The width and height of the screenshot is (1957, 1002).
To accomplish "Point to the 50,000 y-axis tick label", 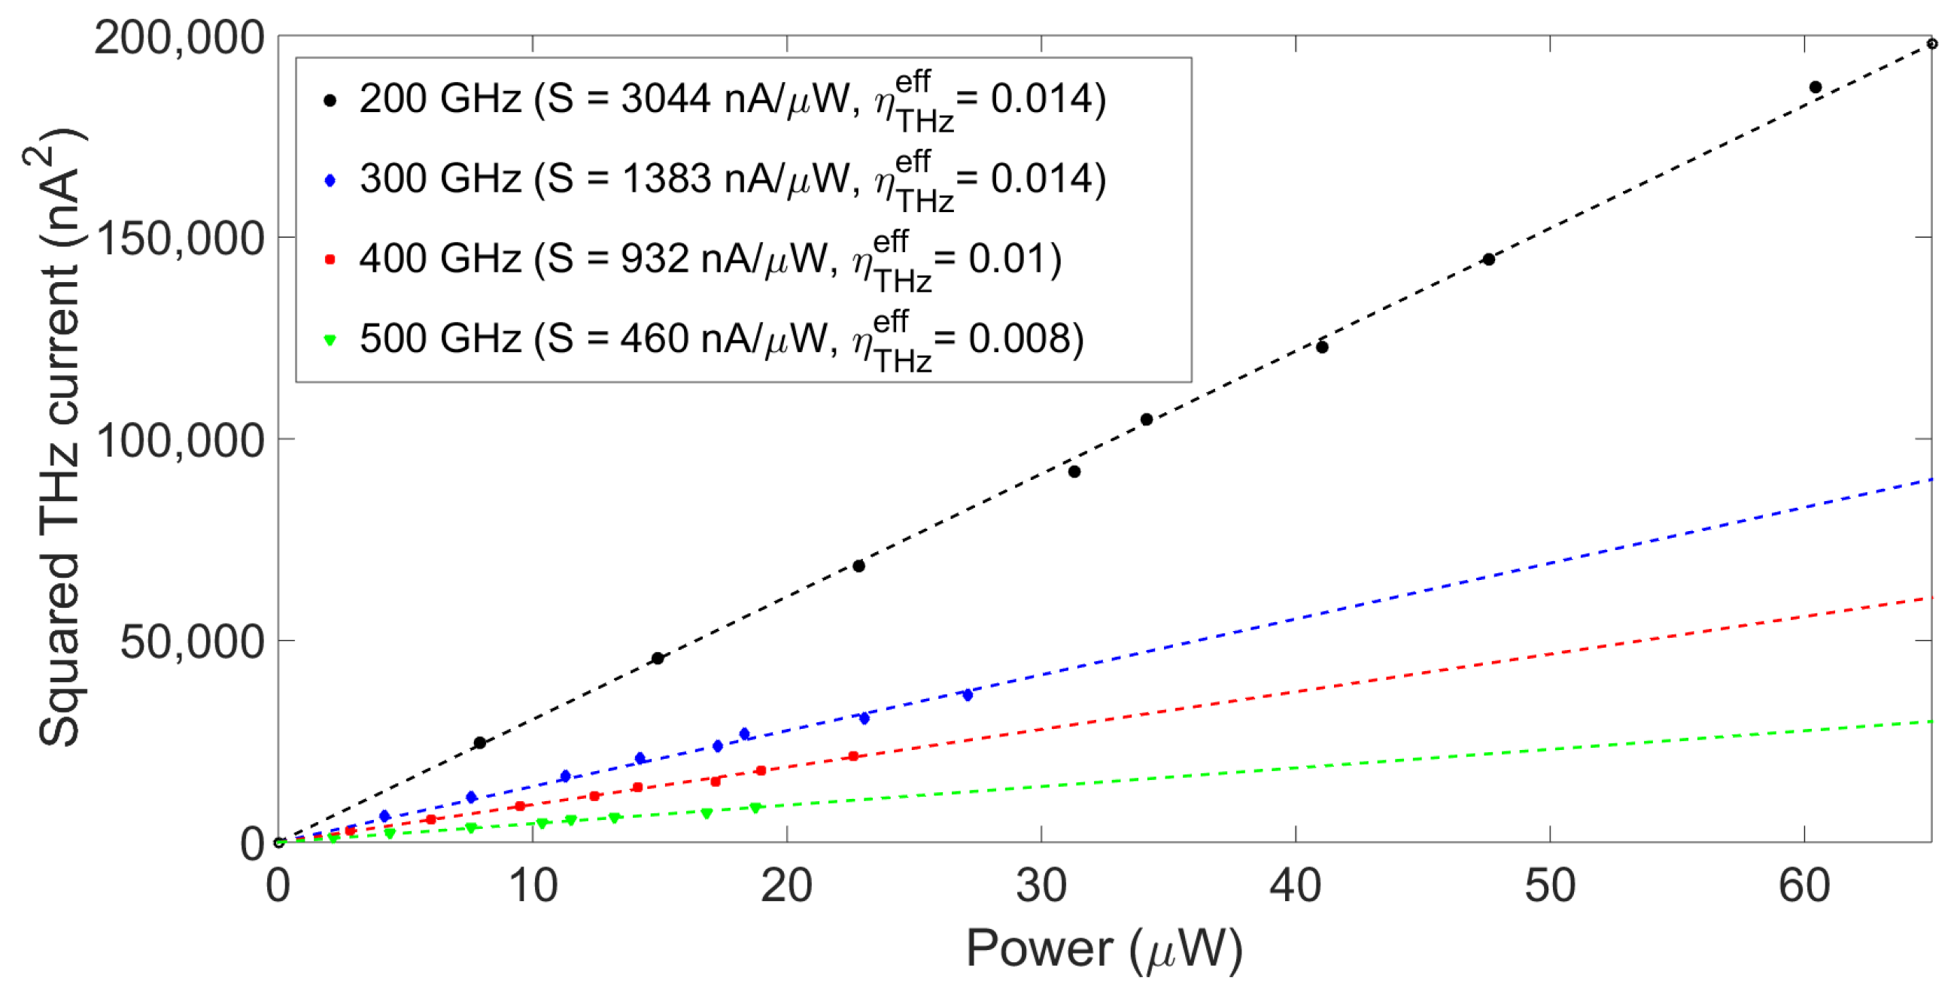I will pos(192,641).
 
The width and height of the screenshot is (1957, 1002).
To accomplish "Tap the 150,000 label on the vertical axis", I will pos(181,238).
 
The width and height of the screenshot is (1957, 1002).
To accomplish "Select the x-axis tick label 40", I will pos(1295,885).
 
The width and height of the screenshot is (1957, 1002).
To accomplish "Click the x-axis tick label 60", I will pos(1804,885).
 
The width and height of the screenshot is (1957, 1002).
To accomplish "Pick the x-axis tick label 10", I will pos(533,885).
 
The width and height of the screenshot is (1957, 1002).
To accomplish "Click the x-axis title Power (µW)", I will pos(1103,949).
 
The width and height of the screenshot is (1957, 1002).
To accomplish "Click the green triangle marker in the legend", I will pos(330,339).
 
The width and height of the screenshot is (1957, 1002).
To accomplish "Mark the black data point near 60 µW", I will pos(1815,87).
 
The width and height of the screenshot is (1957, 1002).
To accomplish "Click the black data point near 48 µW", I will pos(1488,260).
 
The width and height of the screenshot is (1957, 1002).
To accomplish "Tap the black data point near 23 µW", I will pos(858,566).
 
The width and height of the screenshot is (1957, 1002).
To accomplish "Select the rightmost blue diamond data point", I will pos(967,694).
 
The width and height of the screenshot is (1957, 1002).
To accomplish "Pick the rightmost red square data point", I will pos(853,756).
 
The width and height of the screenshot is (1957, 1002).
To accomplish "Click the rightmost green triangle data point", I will pos(755,807).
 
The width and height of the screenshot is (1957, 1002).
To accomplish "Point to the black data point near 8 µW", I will pos(479,742).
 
